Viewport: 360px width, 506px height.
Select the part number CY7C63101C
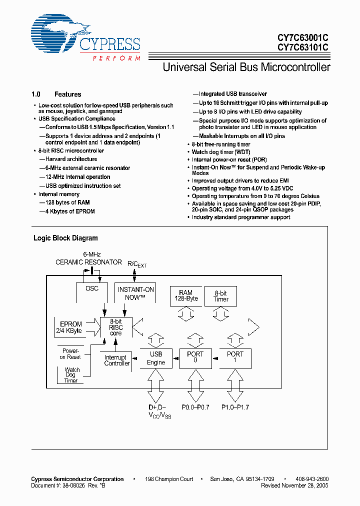(x=302, y=48)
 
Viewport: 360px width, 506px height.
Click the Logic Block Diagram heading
(x=65, y=238)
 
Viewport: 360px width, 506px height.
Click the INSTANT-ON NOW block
(x=135, y=293)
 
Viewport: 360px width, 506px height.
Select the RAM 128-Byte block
(x=185, y=295)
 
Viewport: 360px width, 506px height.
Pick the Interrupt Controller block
(x=117, y=360)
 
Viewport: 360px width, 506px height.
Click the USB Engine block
(x=156, y=358)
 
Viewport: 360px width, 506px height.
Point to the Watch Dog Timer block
(x=72, y=375)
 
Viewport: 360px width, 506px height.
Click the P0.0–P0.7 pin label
(x=195, y=407)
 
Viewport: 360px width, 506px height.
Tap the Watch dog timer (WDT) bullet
(x=220, y=152)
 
